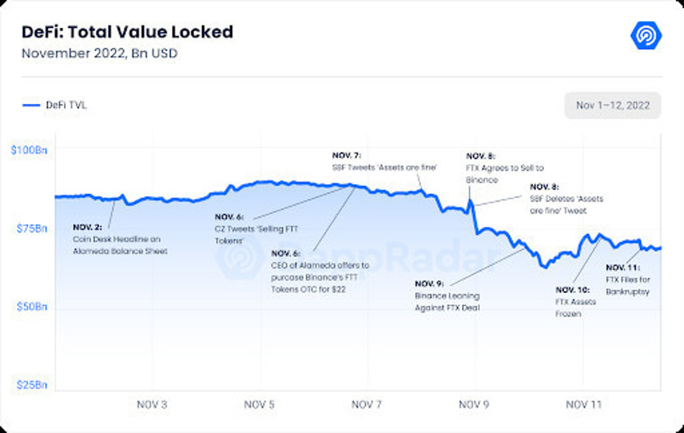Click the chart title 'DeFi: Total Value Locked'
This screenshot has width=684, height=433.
127,32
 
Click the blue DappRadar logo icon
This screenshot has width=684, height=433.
646,35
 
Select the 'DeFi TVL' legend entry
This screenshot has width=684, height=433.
56,105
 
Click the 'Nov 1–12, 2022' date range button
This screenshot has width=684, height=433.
612,105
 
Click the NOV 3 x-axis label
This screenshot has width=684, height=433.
153,405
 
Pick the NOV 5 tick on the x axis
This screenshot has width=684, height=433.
260,405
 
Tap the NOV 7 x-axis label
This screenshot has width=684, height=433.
367,405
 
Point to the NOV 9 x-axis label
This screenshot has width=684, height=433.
474,405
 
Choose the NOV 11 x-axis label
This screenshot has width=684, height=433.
583,405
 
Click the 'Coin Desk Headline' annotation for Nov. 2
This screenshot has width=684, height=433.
119,238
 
